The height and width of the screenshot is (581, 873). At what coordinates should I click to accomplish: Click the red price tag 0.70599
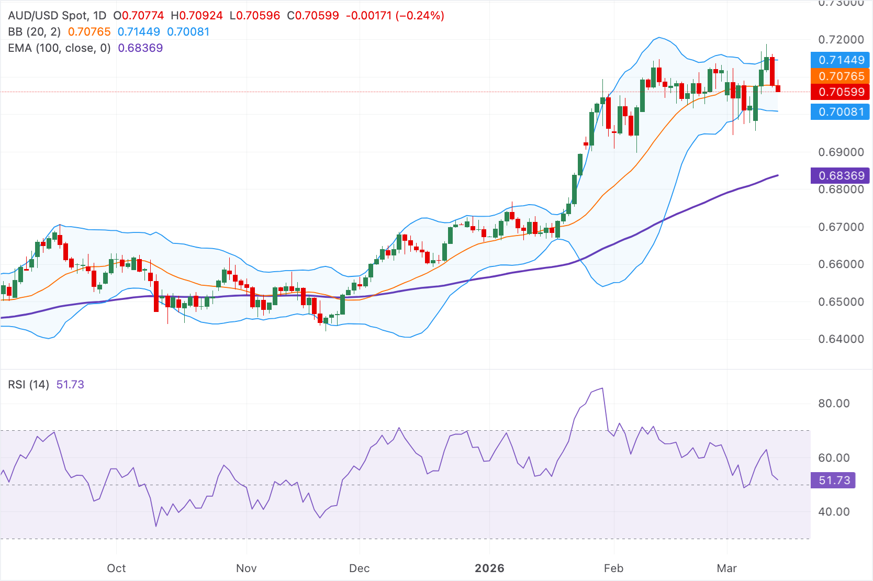click(x=841, y=92)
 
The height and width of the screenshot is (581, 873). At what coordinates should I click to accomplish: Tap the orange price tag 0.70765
click(x=841, y=76)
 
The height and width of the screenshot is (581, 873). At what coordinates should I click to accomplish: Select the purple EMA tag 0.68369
click(x=841, y=175)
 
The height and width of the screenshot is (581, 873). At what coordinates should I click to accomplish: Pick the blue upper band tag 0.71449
click(x=841, y=60)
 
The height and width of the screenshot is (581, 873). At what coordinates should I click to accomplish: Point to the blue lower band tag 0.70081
click(x=841, y=111)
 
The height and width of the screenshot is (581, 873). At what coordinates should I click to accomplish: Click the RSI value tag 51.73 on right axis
click(x=833, y=480)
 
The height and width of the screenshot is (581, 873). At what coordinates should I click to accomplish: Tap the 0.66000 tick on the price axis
click(x=841, y=264)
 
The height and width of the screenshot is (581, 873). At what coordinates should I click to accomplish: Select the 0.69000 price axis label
click(x=841, y=152)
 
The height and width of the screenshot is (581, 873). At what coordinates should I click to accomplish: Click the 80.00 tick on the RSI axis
click(x=834, y=404)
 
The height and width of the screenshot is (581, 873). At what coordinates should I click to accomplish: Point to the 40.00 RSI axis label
click(x=834, y=512)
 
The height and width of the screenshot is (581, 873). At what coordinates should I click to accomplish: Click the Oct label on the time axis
click(x=116, y=568)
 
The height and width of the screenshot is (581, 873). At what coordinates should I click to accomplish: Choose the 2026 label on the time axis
click(x=489, y=568)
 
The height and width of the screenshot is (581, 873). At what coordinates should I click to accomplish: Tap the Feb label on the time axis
click(x=613, y=568)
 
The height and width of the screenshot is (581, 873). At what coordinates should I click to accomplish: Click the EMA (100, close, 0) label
click(x=59, y=48)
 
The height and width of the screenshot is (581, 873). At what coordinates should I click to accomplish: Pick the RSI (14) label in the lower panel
click(x=28, y=385)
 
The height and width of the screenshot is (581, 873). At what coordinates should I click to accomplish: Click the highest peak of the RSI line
click(x=602, y=388)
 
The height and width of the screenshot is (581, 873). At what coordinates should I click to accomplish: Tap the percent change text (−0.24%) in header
click(x=420, y=16)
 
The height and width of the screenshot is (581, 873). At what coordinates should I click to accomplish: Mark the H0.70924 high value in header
click(x=197, y=16)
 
